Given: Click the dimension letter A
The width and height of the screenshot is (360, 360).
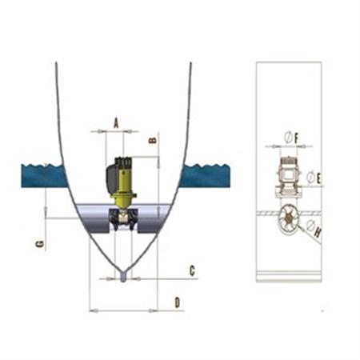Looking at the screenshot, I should pyautogui.click(x=116, y=122).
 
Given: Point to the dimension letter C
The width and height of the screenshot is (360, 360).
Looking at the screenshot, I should pyautogui.click(x=191, y=270).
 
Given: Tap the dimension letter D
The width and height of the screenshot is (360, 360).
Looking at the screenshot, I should pyautogui.click(x=177, y=302).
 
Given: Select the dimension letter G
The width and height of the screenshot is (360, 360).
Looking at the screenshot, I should pyautogui.click(x=39, y=243).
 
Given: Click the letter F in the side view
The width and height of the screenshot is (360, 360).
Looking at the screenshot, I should pyautogui.click(x=296, y=139).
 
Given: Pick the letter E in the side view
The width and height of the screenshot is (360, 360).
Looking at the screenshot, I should pyautogui.click(x=318, y=178).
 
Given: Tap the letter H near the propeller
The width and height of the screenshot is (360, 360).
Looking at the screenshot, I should pyautogui.click(x=318, y=233).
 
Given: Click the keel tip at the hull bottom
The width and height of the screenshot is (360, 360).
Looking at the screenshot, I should pyautogui.click(x=122, y=278).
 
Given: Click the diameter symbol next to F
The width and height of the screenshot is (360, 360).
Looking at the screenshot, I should pyautogui.click(x=287, y=139).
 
